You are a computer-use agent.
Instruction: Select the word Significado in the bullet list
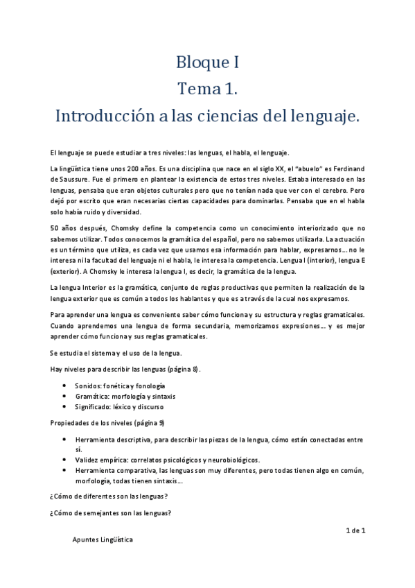pos(96,407)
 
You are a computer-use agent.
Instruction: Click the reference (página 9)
pos(141,423)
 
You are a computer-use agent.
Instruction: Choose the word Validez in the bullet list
pos(89,460)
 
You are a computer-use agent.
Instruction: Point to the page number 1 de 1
pos(355,530)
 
